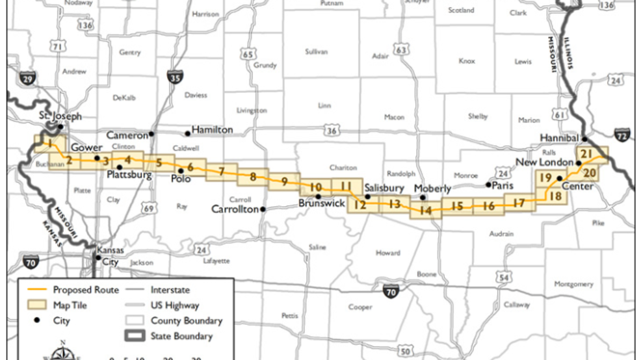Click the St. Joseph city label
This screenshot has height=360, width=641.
pos(60,116)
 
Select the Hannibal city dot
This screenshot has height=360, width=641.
pos(584,138)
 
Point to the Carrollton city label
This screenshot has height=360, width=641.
pos(235,209)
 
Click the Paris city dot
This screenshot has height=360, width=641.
pos(488,185)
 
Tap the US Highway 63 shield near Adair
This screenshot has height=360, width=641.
pos(402,50)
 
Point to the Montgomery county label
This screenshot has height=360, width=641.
pos(573,284)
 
